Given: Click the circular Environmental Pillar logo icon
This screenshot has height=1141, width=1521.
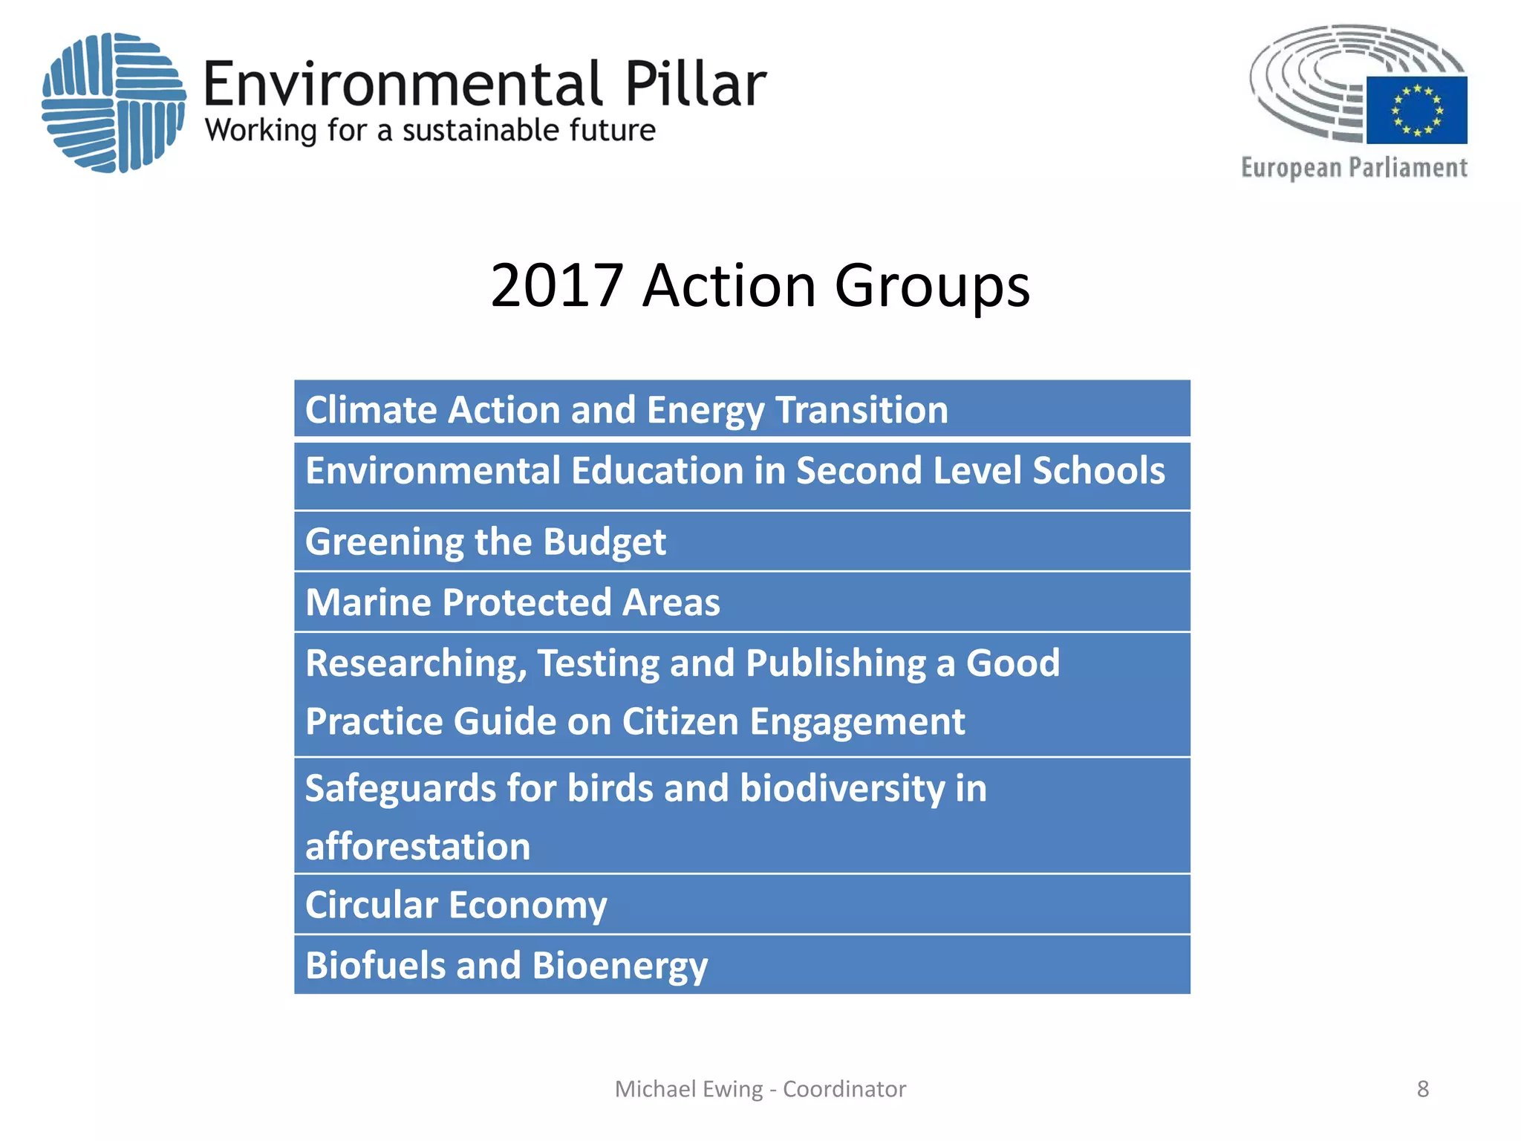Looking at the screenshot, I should pyautogui.click(x=113, y=103).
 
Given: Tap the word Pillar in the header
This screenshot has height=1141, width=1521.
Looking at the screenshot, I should pyautogui.click(x=694, y=84).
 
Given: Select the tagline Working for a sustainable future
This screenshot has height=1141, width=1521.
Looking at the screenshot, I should pyautogui.click(x=430, y=131).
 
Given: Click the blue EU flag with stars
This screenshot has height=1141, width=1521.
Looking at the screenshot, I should pyautogui.click(x=1416, y=110).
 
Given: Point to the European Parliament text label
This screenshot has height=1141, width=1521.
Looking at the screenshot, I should pyautogui.click(x=1354, y=168).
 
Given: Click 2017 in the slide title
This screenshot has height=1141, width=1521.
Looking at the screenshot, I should pyautogui.click(x=556, y=285).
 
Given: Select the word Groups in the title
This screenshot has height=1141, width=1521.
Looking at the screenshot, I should pyautogui.click(x=932, y=287).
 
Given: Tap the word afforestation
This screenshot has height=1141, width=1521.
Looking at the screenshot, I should pyautogui.click(x=417, y=847).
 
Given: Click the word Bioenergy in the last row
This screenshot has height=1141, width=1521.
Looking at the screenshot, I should pyautogui.click(x=619, y=966).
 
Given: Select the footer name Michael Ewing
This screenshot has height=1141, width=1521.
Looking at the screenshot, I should pyautogui.click(x=688, y=1089).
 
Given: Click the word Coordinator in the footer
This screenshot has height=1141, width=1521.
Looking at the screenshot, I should pyautogui.click(x=844, y=1089).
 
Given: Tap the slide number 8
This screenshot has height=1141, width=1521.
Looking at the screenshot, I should pyautogui.click(x=1422, y=1089).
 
